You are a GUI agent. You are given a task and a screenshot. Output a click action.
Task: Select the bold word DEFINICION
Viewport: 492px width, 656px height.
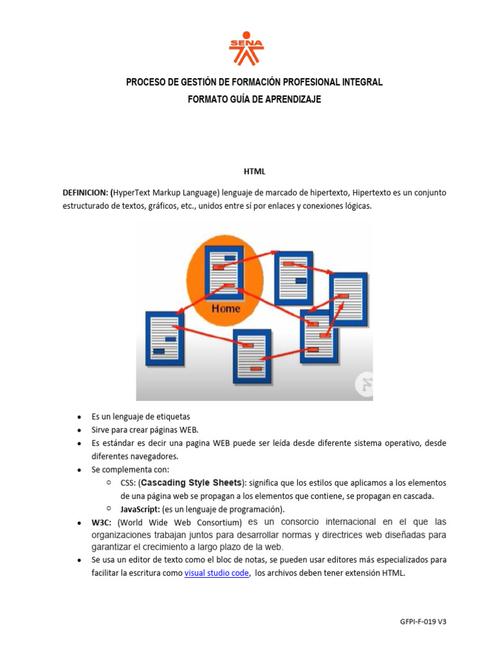tap(85, 192)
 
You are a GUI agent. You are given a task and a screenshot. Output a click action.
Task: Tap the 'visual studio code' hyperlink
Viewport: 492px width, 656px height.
tap(217, 573)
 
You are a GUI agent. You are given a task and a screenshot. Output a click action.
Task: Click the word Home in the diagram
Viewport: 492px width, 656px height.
tap(226, 308)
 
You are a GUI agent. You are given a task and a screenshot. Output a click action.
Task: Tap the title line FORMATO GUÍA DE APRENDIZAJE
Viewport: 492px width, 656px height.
tap(254, 99)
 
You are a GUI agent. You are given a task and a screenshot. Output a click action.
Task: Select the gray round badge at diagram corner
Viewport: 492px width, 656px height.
tap(365, 384)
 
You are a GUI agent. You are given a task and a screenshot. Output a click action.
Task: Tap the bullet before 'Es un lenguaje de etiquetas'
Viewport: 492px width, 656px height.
tap(78, 417)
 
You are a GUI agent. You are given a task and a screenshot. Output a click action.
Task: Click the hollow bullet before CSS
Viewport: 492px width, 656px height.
tap(110, 482)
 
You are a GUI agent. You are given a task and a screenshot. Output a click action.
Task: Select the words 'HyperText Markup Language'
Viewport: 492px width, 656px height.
tap(167, 192)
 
